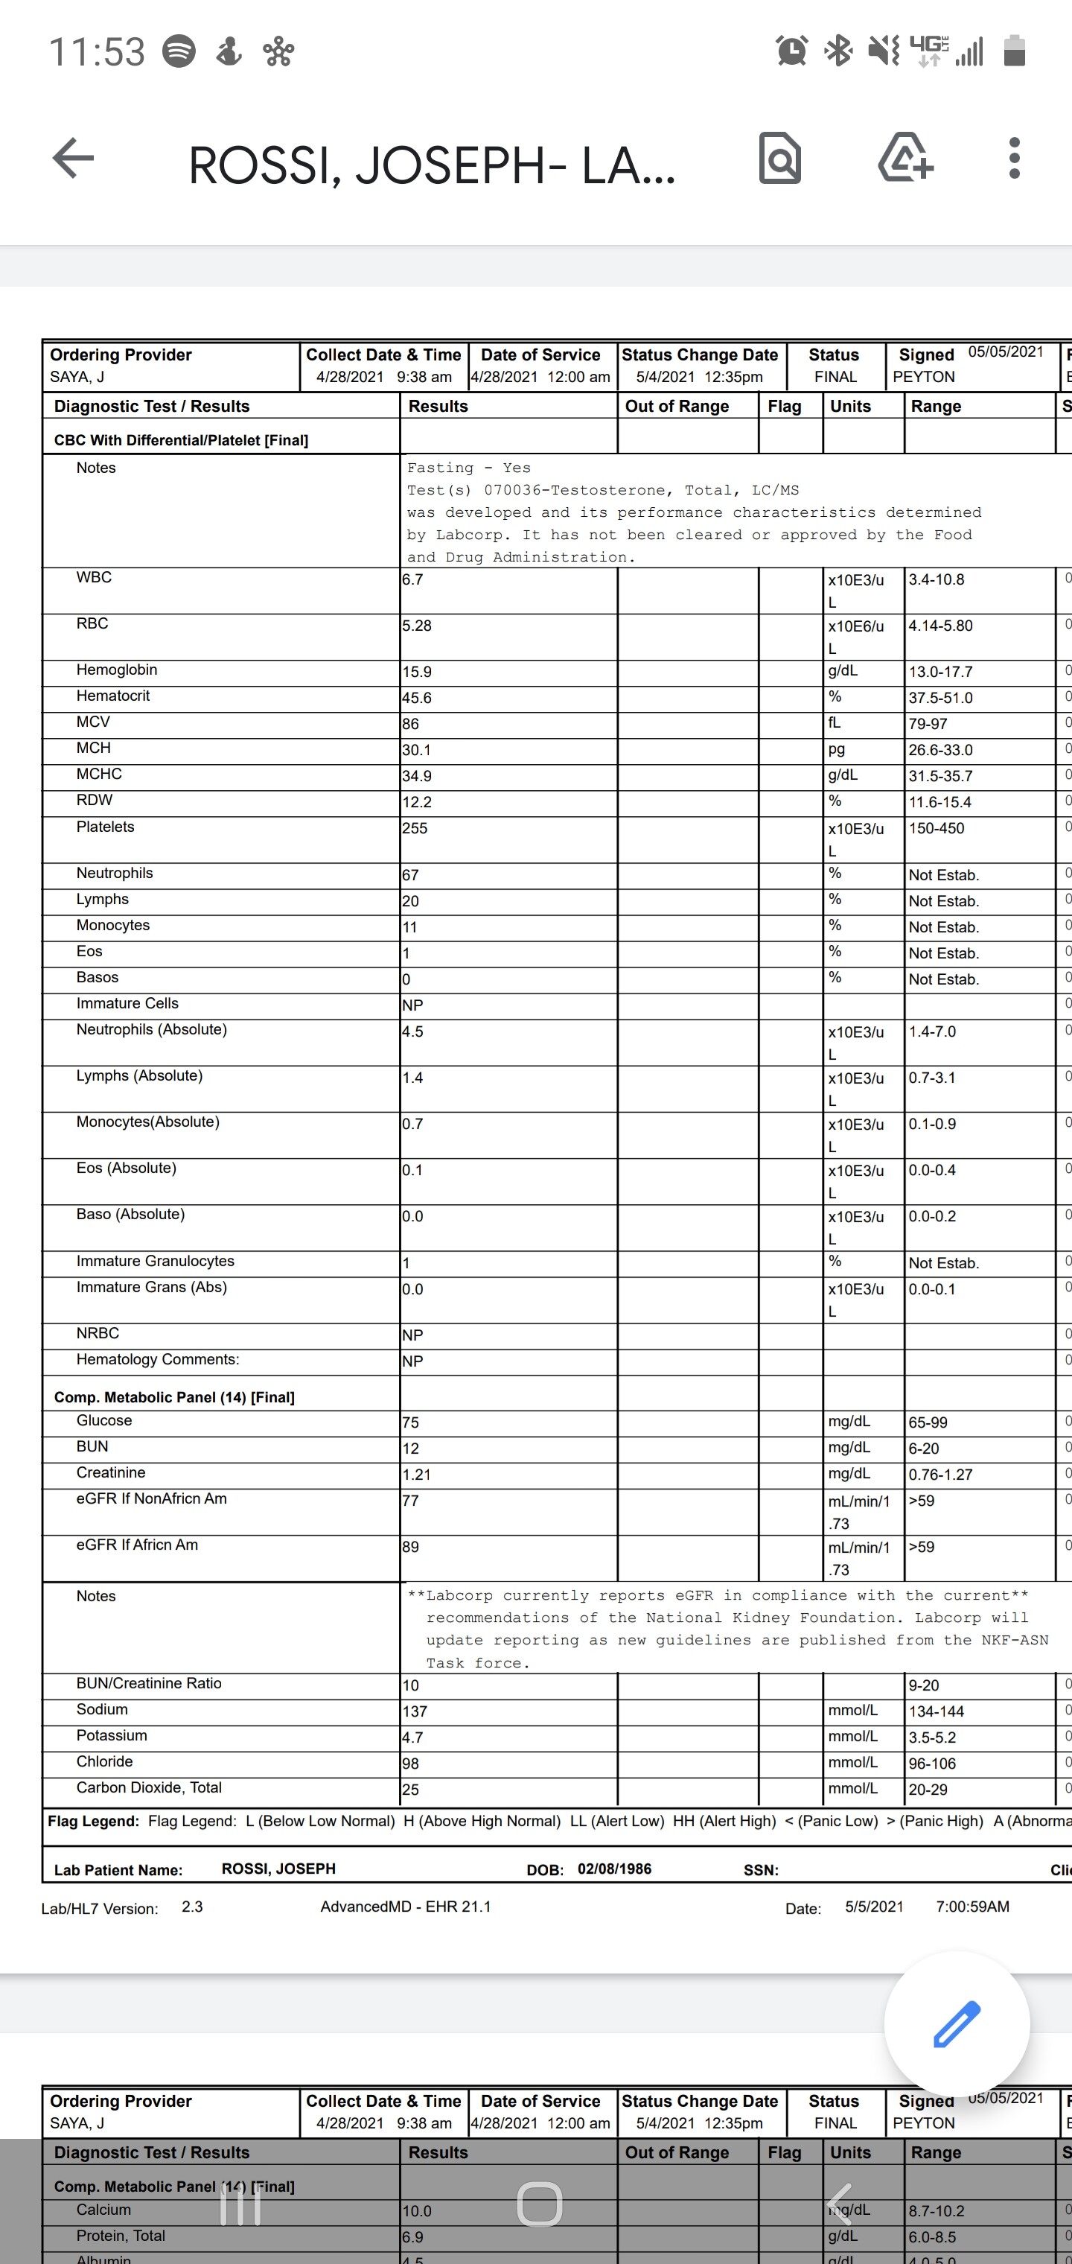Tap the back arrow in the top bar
74,159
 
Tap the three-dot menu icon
1014,159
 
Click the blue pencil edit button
956,2023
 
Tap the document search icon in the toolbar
779,159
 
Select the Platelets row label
106,827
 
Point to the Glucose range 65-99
928,1422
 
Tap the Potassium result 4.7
413,1737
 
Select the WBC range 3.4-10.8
936,580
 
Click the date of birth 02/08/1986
614,1869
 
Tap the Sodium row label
102,1709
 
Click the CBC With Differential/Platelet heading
181,440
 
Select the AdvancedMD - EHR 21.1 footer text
405,1907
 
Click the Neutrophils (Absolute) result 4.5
413,1031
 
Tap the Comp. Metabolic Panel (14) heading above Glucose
174,1397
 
